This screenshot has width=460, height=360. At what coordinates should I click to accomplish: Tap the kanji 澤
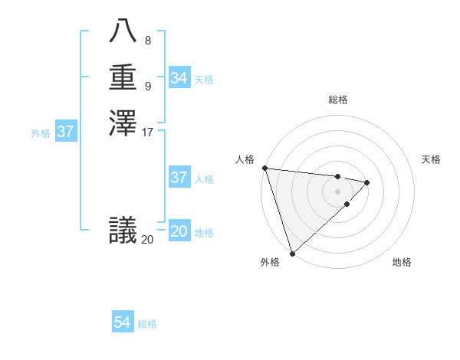(123, 123)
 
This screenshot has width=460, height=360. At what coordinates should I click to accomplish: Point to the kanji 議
(123, 230)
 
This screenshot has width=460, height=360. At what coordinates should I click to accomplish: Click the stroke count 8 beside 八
(147, 41)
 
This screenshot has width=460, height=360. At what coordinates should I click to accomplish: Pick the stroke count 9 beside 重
(147, 86)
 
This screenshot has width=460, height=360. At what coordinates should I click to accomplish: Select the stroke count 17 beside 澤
(148, 132)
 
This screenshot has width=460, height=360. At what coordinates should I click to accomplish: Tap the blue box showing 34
(179, 78)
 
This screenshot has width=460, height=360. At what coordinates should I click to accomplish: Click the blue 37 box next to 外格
(66, 132)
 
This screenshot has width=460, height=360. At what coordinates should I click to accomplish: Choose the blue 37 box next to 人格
(179, 178)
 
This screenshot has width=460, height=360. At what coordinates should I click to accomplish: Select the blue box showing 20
(179, 231)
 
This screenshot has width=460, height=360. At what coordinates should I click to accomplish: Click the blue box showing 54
(123, 322)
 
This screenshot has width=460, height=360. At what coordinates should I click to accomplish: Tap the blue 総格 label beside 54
(147, 324)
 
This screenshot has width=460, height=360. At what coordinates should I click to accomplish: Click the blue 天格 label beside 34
(204, 80)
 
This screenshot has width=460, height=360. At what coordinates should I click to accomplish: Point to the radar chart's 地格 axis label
(402, 262)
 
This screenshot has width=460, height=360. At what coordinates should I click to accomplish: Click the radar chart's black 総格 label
(337, 100)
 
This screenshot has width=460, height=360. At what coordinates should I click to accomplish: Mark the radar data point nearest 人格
(264, 168)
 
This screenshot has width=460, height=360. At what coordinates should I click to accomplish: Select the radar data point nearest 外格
(293, 253)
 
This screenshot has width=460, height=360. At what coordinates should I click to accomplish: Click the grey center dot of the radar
(337, 191)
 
